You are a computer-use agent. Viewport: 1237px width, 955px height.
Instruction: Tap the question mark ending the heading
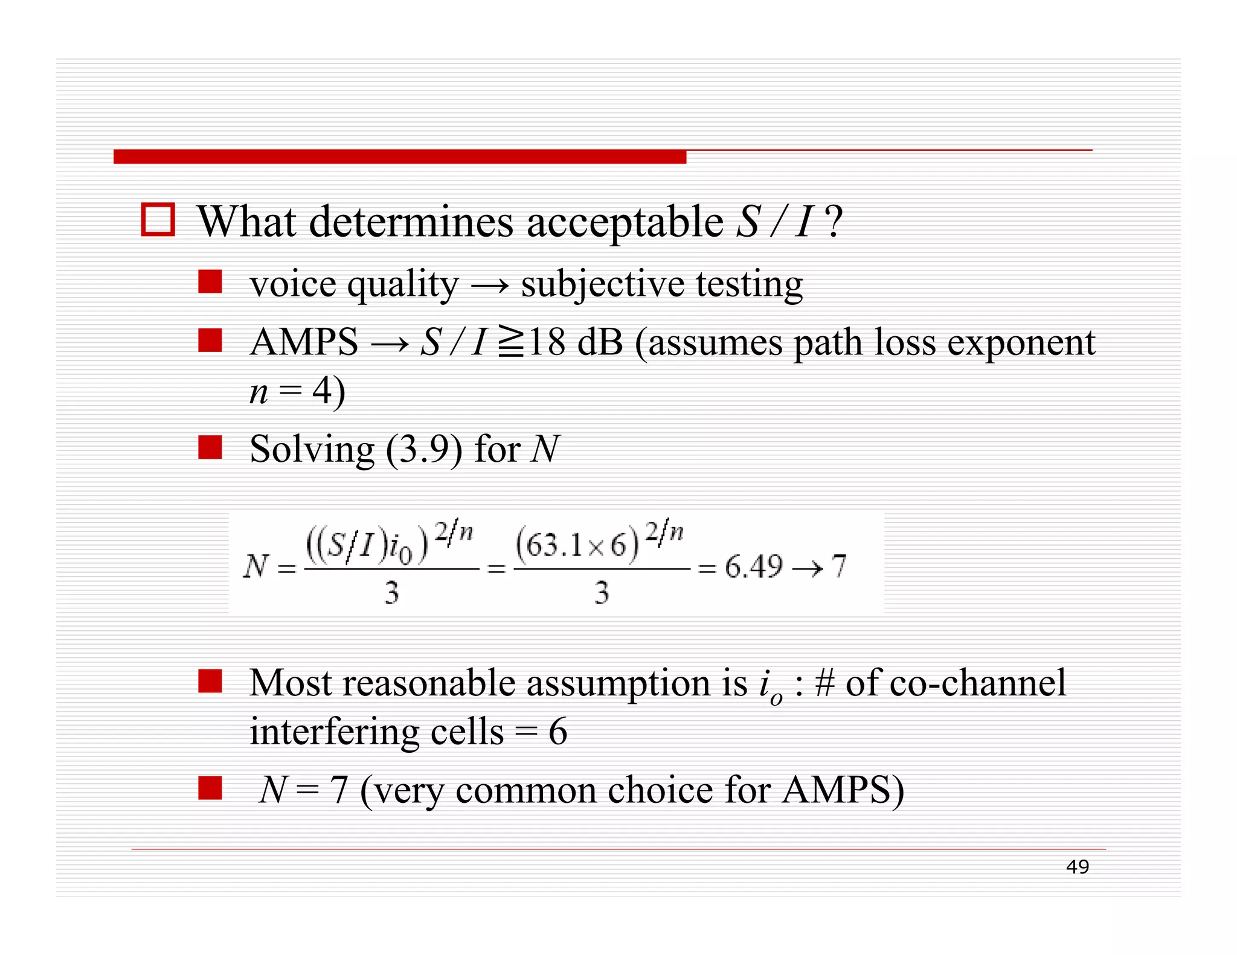(x=834, y=222)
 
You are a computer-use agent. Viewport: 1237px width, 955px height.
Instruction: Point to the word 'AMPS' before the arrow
(x=304, y=342)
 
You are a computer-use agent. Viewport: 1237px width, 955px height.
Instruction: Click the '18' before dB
(x=547, y=342)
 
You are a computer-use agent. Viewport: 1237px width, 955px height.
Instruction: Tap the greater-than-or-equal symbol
(x=511, y=342)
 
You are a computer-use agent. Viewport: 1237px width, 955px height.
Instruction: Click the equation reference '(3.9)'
(x=424, y=450)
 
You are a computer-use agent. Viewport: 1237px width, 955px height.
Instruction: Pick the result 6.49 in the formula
(x=753, y=567)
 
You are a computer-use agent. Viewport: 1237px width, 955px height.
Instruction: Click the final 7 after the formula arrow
(x=839, y=567)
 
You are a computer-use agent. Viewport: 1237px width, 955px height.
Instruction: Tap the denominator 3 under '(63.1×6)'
(x=601, y=592)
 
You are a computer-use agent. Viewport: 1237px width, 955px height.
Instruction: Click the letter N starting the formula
(x=255, y=567)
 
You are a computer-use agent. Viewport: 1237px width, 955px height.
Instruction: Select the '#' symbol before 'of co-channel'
(x=824, y=683)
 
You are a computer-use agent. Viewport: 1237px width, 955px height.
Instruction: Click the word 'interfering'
(x=334, y=732)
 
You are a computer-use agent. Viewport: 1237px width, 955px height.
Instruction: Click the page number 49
(x=1077, y=867)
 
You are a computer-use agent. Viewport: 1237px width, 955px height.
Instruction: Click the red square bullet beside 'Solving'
(x=210, y=448)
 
